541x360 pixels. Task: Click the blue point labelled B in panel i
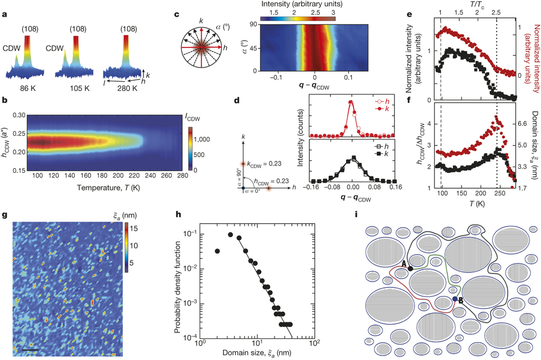[x=455, y=299]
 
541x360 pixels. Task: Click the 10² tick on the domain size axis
[x=313, y=347]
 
